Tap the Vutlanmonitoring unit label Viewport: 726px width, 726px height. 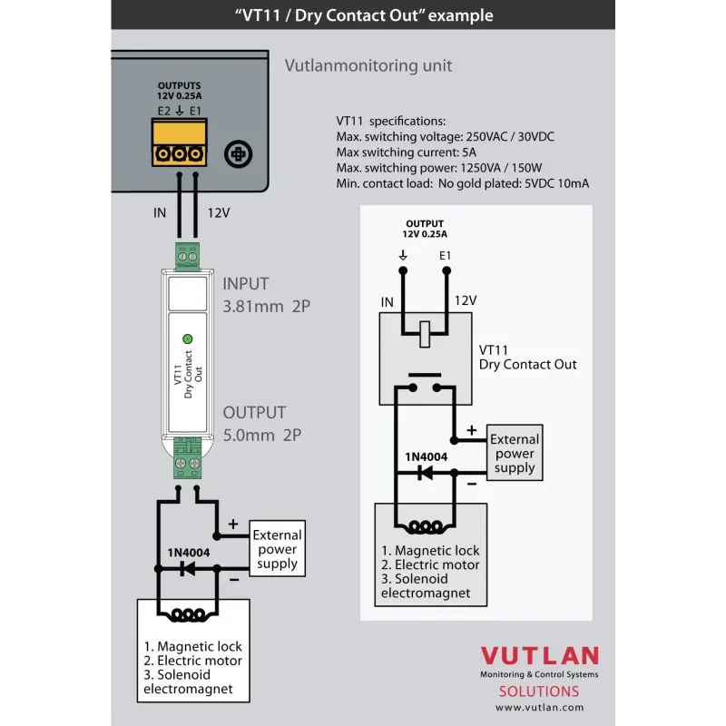point(368,65)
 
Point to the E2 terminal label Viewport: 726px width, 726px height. point(163,111)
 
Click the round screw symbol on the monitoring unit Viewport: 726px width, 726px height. point(238,154)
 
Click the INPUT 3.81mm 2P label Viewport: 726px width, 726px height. point(266,295)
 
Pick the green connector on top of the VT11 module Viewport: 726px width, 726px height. point(187,257)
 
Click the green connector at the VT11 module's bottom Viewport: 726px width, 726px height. point(188,459)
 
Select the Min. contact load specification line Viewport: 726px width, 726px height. point(462,183)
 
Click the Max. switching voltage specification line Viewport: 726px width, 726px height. point(445,136)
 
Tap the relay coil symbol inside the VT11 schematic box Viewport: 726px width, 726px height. point(424,334)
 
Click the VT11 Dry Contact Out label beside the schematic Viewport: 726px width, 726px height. point(527,357)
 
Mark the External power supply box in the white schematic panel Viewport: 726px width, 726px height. point(515,453)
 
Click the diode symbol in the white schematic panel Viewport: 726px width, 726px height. point(422,473)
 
